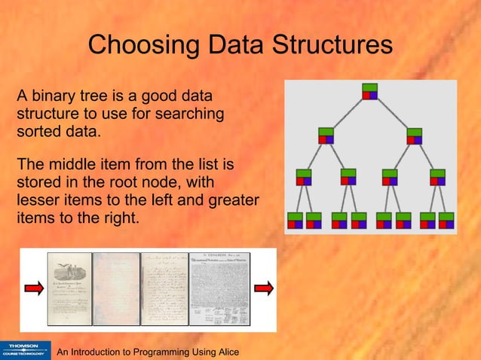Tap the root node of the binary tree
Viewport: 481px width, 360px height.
click(x=369, y=91)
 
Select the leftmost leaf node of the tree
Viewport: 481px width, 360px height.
click(x=294, y=220)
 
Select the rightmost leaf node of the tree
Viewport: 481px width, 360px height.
click(x=448, y=220)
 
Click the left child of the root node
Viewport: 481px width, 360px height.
click(x=326, y=136)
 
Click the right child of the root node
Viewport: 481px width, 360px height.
click(x=415, y=136)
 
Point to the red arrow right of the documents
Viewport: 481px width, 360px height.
click(x=263, y=288)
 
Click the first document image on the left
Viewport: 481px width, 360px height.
click(x=69, y=289)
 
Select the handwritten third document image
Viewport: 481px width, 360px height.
click(x=166, y=289)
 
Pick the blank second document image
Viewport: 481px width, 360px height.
click(x=117, y=289)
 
